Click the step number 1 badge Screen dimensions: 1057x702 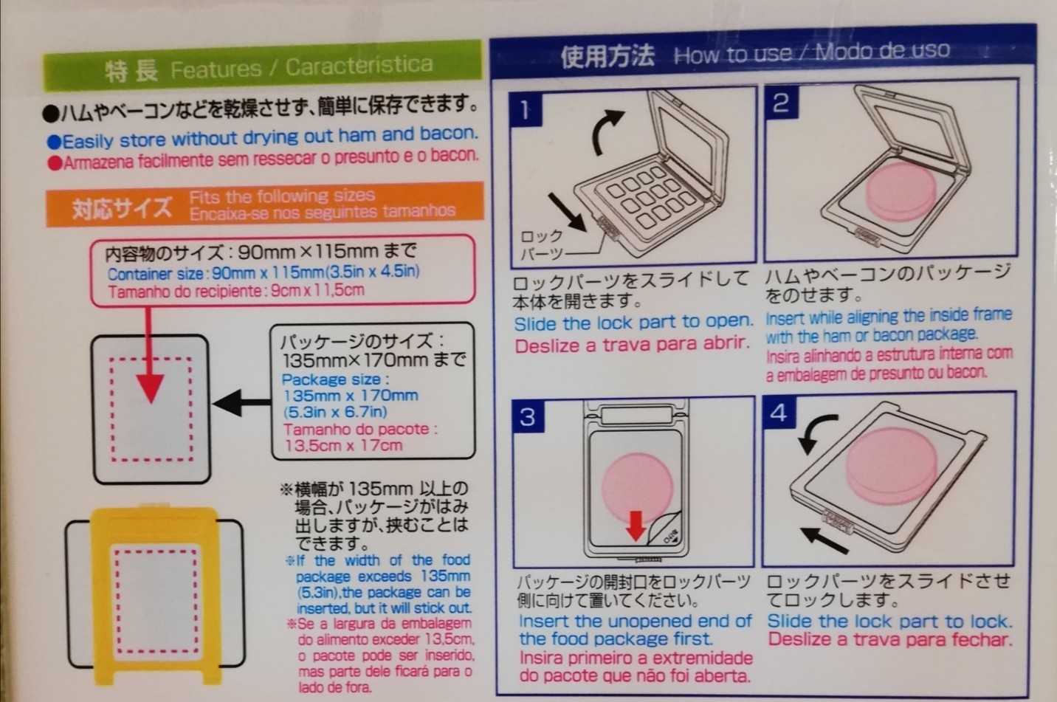tap(526, 109)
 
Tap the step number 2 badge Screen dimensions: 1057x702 tap(782, 102)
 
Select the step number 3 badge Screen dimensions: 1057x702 tap(528, 416)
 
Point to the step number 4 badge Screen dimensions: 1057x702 tap(779, 413)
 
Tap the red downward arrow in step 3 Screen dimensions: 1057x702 tap(636, 526)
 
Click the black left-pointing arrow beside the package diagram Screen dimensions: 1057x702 tap(241, 402)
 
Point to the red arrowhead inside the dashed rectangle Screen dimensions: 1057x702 tap(151, 388)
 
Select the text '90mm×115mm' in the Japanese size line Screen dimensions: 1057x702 tap(308, 252)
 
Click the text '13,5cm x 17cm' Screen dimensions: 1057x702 tap(343, 445)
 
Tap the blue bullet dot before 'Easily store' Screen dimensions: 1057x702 tap(55, 142)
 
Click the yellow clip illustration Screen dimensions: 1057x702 tap(156, 596)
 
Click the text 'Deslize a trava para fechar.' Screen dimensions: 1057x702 tap(890, 640)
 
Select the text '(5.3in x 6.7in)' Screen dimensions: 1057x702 tap(336, 412)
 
